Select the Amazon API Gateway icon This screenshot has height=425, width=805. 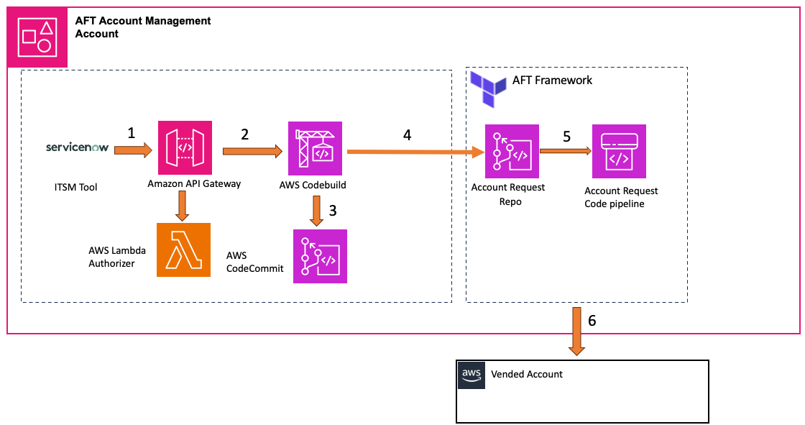[x=185, y=147]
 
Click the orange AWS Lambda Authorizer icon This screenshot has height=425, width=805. [x=183, y=250]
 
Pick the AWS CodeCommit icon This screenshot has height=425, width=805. [x=320, y=256]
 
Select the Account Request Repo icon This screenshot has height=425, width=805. [x=512, y=151]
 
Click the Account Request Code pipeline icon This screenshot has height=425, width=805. [x=619, y=151]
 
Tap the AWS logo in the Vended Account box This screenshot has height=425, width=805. [x=471, y=375]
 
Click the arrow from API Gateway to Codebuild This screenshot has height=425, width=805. [x=252, y=151]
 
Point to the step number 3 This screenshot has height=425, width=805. [x=331, y=210]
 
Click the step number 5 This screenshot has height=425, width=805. [x=566, y=137]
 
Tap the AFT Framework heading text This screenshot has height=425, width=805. [x=552, y=80]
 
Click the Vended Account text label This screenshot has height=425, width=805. [x=527, y=374]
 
